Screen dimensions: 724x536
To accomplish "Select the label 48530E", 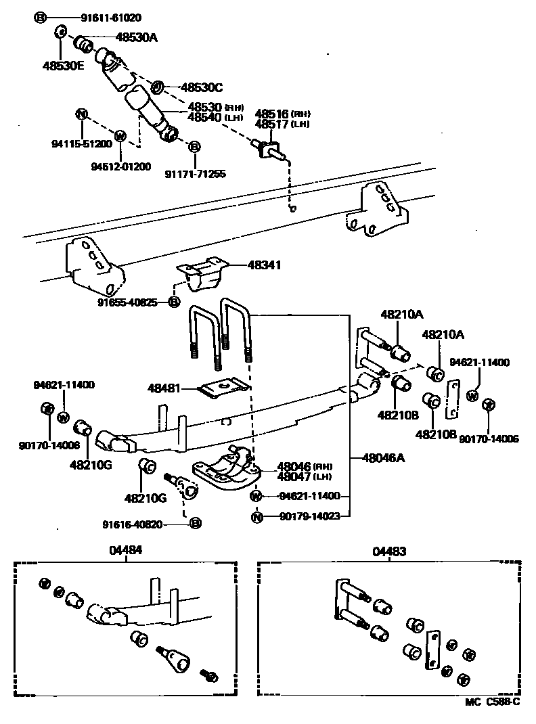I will pos(63,66).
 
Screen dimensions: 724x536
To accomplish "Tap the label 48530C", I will pos(201,87).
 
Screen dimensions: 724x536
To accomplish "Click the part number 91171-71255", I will pos(195,174).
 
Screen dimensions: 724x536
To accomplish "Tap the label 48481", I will pos(164,388).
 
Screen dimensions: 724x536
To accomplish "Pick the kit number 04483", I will pos(389,551).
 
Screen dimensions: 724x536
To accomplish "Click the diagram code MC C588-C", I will pos(491,702).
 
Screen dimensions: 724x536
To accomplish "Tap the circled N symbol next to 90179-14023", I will pos(256,518).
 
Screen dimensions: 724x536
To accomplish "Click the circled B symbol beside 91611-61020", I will pos(40,18).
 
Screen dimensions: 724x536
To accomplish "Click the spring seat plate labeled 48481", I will pos(224,388).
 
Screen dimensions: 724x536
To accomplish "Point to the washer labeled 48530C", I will pos(156,87).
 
